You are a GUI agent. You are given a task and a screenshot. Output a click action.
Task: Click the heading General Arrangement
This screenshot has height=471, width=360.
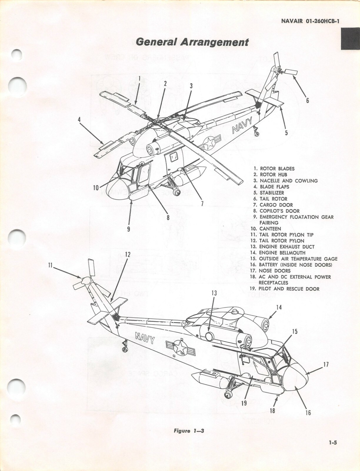pos(192,42)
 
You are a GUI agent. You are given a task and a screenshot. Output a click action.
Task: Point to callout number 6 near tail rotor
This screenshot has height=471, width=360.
pos(307,101)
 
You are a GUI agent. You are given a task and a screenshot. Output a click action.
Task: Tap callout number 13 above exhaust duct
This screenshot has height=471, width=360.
pos(214,293)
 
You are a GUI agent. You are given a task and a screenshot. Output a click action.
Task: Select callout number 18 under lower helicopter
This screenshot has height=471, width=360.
pos(272,410)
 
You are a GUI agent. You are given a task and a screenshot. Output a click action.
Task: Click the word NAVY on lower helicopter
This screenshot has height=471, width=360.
pos(145,338)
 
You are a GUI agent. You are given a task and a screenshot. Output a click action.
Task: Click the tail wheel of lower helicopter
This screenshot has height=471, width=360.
pos(125,349)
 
